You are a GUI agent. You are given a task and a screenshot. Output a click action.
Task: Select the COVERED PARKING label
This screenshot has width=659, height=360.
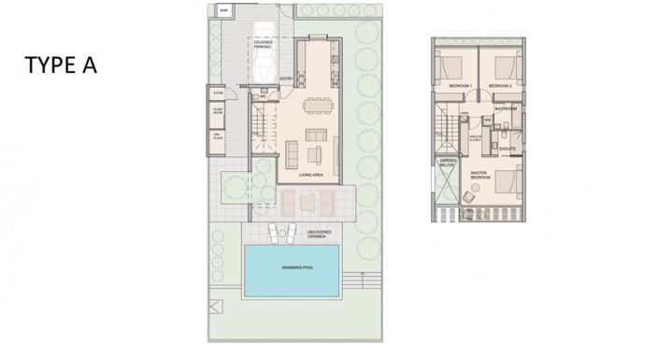[263, 44]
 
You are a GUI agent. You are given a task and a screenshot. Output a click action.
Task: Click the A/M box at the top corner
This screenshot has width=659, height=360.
[223, 10]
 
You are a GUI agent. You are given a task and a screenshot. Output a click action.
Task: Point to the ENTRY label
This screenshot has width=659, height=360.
[287, 79]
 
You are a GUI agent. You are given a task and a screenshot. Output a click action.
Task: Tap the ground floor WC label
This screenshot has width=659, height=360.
[265, 95]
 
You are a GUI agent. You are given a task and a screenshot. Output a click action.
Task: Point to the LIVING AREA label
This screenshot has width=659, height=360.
[311, 173]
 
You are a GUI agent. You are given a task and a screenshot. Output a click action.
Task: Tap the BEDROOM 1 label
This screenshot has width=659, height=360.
[461, 86]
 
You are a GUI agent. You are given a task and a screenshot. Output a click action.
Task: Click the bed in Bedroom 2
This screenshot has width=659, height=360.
[505, 66]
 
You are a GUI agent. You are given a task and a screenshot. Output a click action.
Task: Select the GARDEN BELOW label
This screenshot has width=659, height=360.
[448, 163]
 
